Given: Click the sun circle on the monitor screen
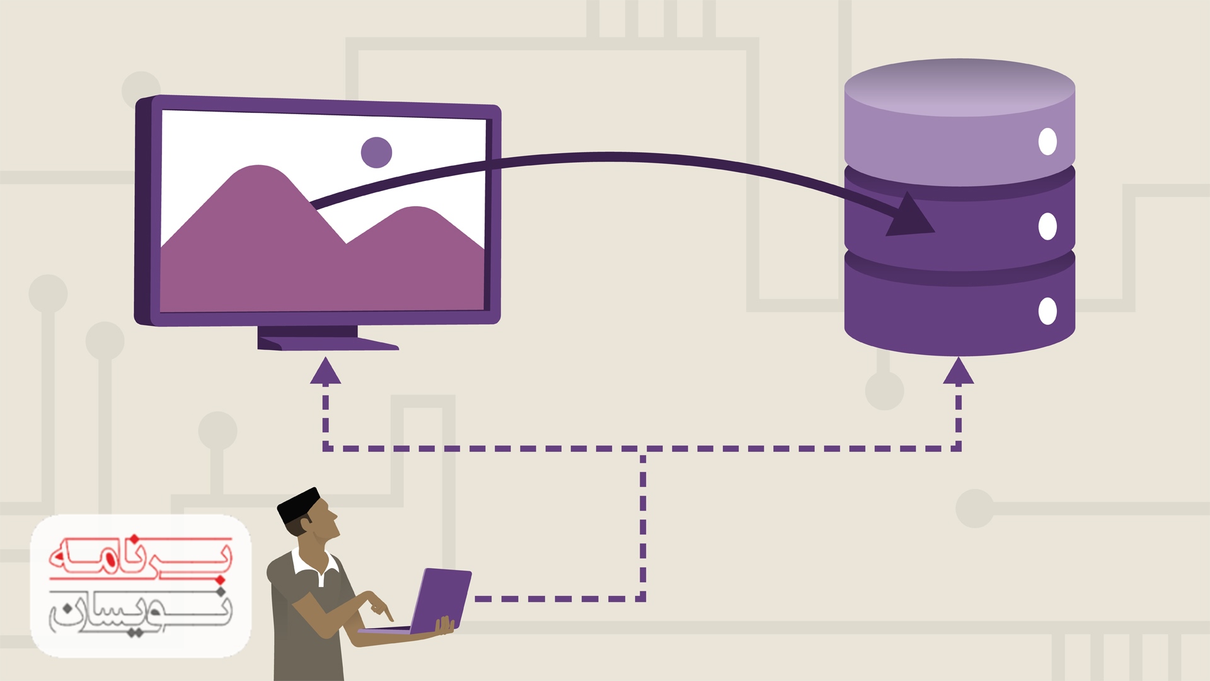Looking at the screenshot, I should pyautogui.click(x=376, y=153).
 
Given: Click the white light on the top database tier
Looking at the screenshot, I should pyautogui.click(x=1047, y=141).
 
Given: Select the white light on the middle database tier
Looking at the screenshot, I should pyautogui.click(x=1047, y=226).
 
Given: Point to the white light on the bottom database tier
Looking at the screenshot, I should pyautogui.click(x=1047, y=311).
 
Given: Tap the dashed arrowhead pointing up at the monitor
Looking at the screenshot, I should pyautogui.click(x=325, y=371).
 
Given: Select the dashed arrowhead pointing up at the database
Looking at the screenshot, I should pyautogui.click(x=958, y=371).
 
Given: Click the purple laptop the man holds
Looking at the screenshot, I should pyautogui.click(x=441, y=599).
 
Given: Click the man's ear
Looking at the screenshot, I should pyautogui.click(x=307, y=524).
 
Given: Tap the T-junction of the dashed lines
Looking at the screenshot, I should pyautogui.click(x=643, y=449).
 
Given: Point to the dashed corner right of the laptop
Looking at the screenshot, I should pyautogui.click(x=642, y=598).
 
